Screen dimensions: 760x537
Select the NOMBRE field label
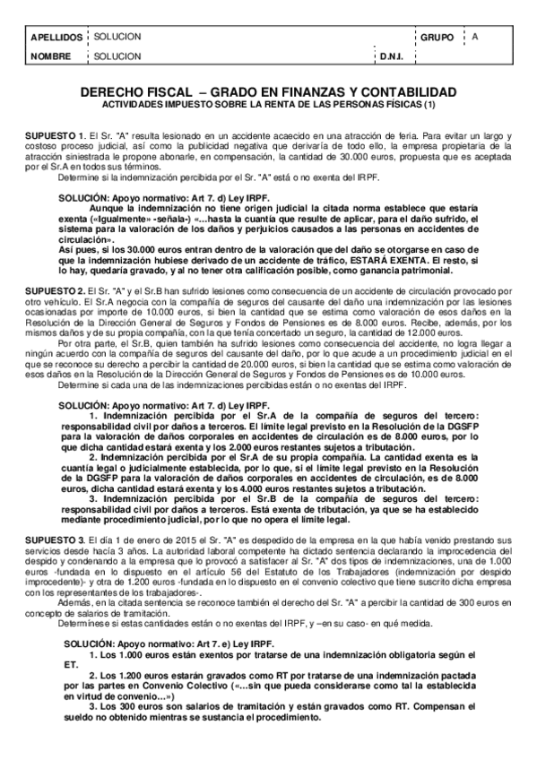tap(50, 56)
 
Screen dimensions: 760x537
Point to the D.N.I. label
tap(392, 56)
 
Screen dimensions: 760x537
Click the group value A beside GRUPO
tap(475, 37)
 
